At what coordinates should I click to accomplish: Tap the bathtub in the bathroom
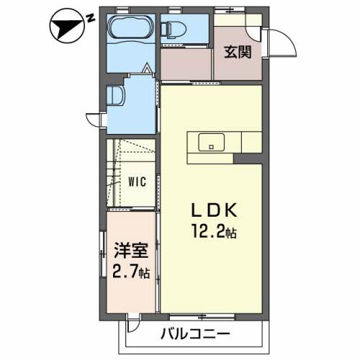pyautogui.click(x=130, y=31)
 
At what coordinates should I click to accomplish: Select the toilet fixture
pyautogui.click(x=173, y=29)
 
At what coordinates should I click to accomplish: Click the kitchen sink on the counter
pyautogui.click(x=210, y=141)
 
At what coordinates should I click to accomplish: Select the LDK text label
pyautogui.click(x=213, y=210)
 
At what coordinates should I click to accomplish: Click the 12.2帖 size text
pyautogui.click(x=213, y=232)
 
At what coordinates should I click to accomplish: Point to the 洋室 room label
pyautogui.click(x=130, y=252)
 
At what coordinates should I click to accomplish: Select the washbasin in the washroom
pyautogui.click(x=115, y=96)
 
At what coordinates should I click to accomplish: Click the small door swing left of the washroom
pyautogui.click(x=94, y=120)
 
